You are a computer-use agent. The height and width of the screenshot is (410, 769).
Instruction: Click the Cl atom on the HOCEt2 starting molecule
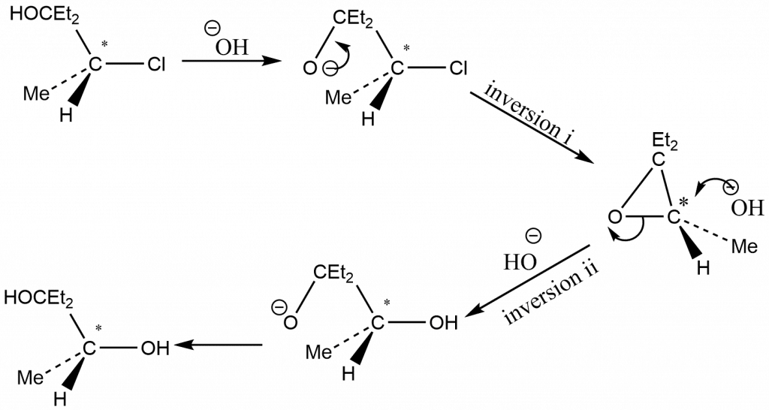(x=156, y=65)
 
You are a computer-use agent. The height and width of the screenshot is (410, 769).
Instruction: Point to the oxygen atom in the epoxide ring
(x=615, y=216)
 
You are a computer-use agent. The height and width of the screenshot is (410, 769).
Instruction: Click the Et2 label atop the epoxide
(x=665, y=143)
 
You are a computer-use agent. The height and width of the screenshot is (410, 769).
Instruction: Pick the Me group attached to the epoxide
(x=744, y=246)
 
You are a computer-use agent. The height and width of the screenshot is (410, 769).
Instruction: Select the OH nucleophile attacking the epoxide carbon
(x=747, y=207)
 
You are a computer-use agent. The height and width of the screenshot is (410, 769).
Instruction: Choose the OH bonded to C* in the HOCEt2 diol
(x=155, y=348)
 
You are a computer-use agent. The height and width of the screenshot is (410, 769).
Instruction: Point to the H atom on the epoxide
(x=704, y=268)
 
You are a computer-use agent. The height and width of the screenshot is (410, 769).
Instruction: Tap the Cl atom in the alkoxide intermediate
(x=458, y=68)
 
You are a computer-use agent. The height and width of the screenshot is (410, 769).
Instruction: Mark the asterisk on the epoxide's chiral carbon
(x=683, y=202)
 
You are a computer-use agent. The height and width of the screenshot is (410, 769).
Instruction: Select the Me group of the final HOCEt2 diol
(x=30, y=378)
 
